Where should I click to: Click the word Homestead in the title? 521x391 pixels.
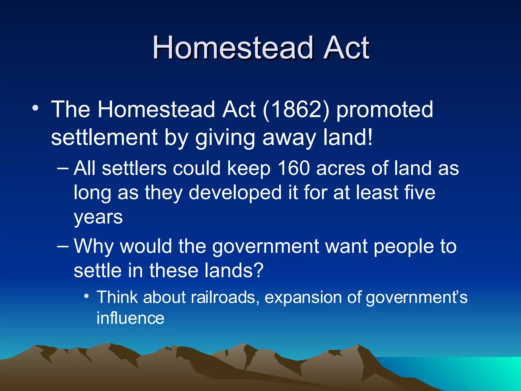pos(233,48)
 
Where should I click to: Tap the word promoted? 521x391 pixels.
pos(385,110)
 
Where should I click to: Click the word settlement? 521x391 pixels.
pos(104,137)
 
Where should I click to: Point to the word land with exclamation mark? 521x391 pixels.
pos(348,137)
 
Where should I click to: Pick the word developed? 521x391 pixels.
pos(235,193)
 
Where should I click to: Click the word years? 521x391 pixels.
pos(98,218)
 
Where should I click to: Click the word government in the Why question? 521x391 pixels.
pos(266,246)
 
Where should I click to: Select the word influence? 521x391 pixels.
pos(130,318)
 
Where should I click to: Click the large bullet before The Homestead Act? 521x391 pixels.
pos(35,108)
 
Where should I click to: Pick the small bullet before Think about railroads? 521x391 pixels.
pos(86,296)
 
